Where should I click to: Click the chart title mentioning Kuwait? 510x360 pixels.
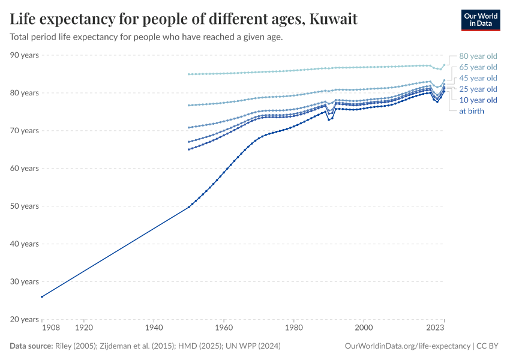(184, 19)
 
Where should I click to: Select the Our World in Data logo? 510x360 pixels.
(480, 19)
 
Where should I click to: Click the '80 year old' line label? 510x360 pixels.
(478, 56)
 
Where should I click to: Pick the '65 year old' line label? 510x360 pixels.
(478, 67)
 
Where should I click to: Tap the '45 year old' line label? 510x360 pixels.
(478, 78)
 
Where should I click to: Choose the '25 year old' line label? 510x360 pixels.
(478, 89)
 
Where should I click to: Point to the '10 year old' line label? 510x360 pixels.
(478, 100)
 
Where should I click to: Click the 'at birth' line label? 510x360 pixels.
(471, 111)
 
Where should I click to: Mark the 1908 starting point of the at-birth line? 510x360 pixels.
(42, 296)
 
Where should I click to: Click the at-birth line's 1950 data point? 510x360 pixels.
(189, 207)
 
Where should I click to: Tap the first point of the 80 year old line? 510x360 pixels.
(189, 74)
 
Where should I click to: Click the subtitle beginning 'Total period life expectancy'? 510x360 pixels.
(146, 37)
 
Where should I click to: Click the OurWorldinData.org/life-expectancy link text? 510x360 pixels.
(408, 346)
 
